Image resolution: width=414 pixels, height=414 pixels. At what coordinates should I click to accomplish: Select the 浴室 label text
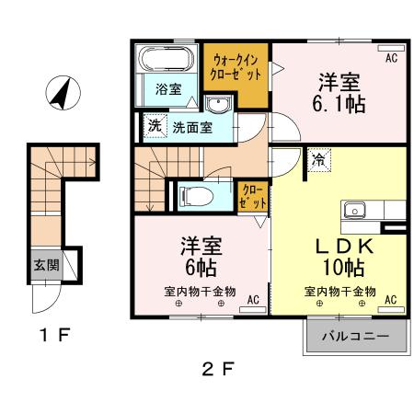[167, 90]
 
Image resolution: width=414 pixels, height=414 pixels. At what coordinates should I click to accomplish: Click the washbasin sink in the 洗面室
[217, 103]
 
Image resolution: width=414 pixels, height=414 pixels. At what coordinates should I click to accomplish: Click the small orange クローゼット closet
[251, 196]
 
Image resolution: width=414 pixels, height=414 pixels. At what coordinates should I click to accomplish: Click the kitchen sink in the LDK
[355, 210]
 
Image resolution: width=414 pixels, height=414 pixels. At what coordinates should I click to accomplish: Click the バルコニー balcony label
[354, 337]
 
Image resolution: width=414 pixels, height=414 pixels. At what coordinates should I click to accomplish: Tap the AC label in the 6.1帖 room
[391, 59]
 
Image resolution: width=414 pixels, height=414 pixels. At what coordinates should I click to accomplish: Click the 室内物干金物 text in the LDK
[340, 292]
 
